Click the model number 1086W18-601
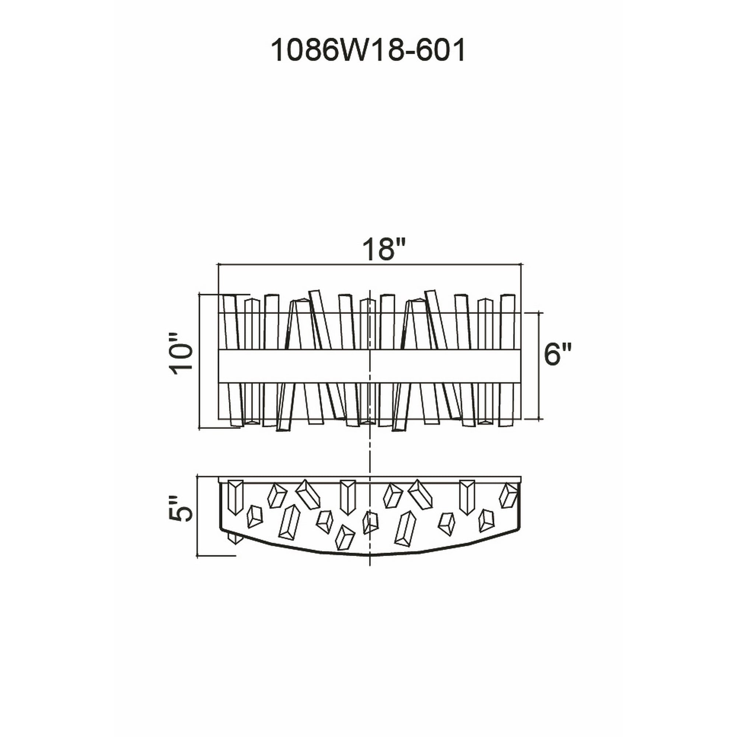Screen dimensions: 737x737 pyautogui.click(x=368, y=51)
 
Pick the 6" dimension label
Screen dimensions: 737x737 pyautogui.click(x=557, y=354)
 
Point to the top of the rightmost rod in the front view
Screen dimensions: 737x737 pyautogui.click(x=507, y=296)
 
